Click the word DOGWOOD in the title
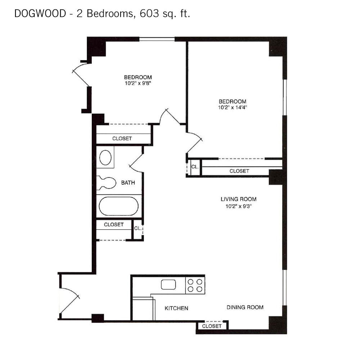(x=40, y=14)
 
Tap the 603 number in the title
(x=149, y=14)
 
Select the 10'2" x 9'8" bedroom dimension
(x=138, y=83)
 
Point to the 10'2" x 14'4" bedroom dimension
(x=232, y=107)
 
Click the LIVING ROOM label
(x=239, y=199)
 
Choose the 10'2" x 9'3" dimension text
(x=239, y=206)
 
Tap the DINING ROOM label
(x=245, y=307)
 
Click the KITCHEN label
(x=176, y=308)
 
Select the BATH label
(x=128, y=183)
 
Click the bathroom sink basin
(x=105, y=158)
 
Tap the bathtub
(x=119, y=206)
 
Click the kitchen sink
(x=168, y=284)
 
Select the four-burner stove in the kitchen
(x=195, y=285)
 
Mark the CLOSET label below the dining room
(x=212, y=326)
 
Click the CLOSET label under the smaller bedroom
(x=122, y=139)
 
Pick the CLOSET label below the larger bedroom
(x=239, y=171)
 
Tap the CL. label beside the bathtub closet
(x=138, y=228)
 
